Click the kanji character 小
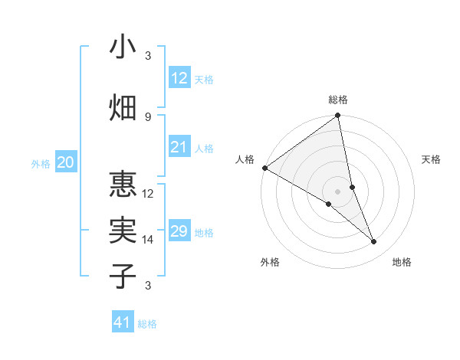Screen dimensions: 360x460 [123, 47]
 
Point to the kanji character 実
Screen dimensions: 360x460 [123, 231]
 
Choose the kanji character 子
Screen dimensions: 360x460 [123, 276]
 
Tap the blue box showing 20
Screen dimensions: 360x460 [66, 162]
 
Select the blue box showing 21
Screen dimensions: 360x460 [179, 147]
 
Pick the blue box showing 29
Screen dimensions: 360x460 [179, 231]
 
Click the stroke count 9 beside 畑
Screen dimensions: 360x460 [148, 116]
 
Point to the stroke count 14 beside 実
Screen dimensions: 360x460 [148, 240]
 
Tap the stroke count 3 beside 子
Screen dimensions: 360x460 [148, 286]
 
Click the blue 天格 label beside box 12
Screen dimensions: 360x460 [204, 80]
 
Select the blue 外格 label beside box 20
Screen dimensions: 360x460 [41, 164]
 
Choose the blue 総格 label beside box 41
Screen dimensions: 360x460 [147, 325]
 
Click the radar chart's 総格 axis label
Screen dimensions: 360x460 [338, 100]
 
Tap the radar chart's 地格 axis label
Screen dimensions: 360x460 [402, 263]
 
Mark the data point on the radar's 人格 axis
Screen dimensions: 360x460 [264, 168]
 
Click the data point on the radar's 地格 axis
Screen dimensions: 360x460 [374, 242]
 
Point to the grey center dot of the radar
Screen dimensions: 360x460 [337, 191]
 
